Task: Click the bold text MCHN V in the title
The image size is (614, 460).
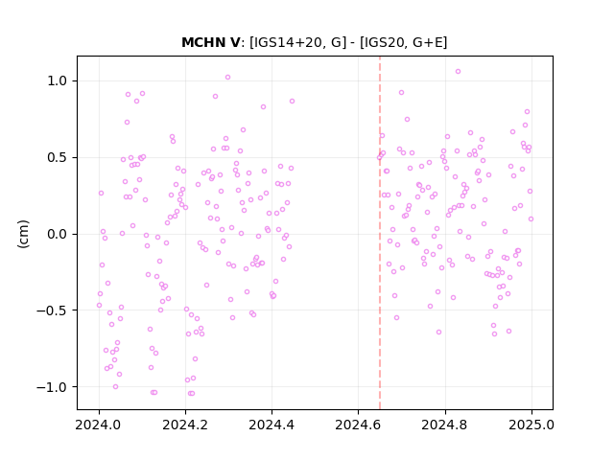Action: click(211, 42)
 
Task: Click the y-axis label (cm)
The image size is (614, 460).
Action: click(23, 234)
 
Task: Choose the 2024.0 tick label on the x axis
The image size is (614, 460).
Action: click(99, 425)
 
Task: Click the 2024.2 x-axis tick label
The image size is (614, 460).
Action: click(185, 425)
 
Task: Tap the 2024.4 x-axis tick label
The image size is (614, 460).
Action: click(272, 425)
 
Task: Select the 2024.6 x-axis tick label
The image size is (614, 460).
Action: click(358, 425)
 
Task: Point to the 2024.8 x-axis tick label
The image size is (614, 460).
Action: click(445, 425)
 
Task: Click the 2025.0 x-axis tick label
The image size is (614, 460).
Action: click(531, 425)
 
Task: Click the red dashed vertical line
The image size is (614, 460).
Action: click(380, 233)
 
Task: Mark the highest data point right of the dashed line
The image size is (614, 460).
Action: click(458, 72)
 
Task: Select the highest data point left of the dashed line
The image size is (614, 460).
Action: click(227, 78)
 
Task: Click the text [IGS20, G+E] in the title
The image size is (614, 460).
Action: click(403, 42)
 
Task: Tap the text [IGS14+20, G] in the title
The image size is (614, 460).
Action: click(298, 42)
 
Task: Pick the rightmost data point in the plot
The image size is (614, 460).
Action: click(531, 219)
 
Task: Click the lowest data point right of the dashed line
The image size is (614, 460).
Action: click(494, 334)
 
